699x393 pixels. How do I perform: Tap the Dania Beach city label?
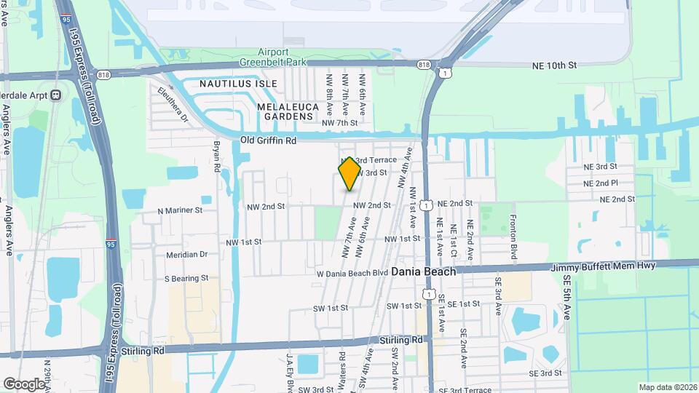click(x=424, y=271)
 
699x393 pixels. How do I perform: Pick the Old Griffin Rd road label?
click(x=269, y=140)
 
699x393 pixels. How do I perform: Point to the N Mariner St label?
click(x=180, y=211)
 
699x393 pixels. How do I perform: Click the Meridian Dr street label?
click(x=186, y=255)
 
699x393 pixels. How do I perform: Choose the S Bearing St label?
click(x=186, y=278)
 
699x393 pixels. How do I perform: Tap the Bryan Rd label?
click(x=216, y=156)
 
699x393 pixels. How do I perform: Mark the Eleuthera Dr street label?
click(x=173, y=104)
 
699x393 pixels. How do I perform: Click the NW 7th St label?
click(x=339, y=123)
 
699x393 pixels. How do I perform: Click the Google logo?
click(x=24, y=384)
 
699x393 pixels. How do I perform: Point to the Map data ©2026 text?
click(x=668, y=387)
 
